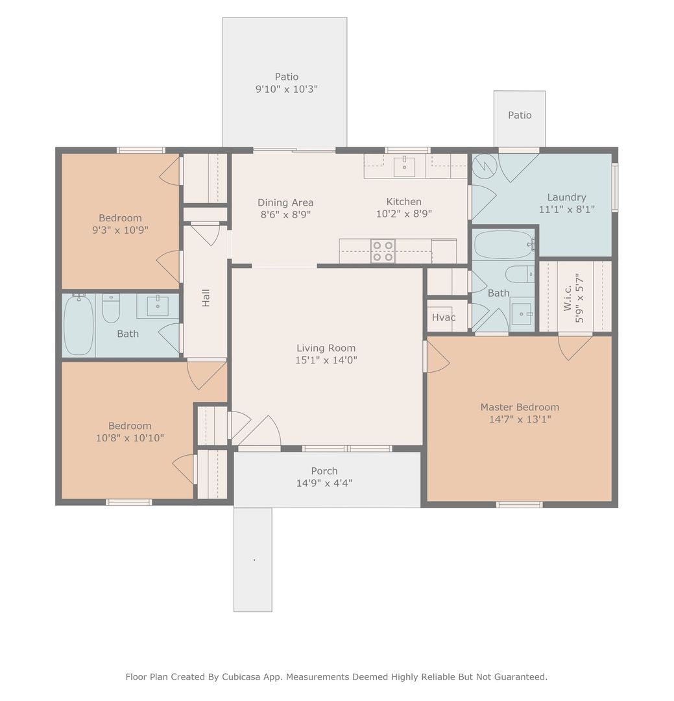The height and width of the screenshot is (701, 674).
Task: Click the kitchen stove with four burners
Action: [383, 251]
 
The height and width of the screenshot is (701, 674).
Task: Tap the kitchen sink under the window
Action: [405, 167]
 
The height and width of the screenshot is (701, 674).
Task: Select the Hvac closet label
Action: [443, 317]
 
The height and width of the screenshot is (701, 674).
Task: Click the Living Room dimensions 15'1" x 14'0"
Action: [326, 360]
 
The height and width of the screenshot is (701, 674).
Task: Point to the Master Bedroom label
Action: [520, 407]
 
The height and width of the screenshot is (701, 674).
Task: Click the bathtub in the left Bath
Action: [78, 325]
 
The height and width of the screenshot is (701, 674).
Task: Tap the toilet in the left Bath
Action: [111, 308]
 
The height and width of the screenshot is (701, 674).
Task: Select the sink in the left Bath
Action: [158, 306]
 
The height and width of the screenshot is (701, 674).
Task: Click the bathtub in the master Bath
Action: [503, 245]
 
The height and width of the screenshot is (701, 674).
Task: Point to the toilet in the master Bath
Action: [520, 274]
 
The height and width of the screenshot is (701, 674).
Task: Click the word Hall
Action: [206, 298]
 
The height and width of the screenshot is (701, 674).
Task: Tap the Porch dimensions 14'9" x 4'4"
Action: [324, 483]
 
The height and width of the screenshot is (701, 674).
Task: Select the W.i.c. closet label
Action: [567, 298]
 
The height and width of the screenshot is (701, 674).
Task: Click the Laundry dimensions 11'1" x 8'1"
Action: [566, 209]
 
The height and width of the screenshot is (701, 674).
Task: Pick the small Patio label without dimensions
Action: [520, 116]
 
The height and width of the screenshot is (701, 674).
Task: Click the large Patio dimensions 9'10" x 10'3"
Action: [287, 89]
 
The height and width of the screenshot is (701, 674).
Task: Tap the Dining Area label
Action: [285, 203]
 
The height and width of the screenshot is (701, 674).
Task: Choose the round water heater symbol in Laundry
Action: [485, 166]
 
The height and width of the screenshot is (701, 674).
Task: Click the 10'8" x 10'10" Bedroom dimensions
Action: [130, 438]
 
